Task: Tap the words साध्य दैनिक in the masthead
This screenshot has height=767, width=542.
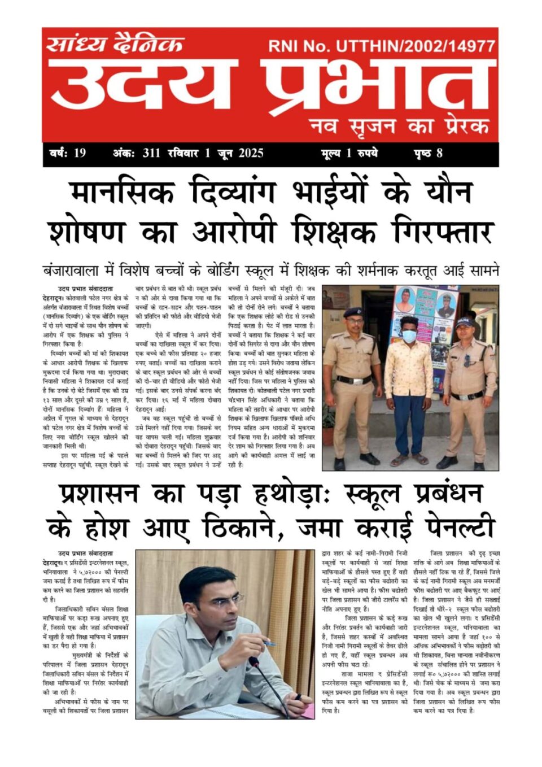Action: [x=115, y=44]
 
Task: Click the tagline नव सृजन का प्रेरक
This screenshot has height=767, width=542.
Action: [x=399, y=125]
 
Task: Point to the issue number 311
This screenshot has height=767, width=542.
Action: [x=152, y=153]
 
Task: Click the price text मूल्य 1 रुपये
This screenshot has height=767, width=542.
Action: [x=349, y=153]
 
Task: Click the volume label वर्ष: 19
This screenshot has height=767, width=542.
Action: [x=68, y=153]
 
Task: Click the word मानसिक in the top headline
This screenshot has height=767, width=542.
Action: [x=122, y=193]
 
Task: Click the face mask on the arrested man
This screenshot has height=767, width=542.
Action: [x=408, y=335]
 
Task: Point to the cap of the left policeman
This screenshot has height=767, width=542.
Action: [x=353, y=312]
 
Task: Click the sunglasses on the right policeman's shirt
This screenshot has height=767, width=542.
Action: [x=468, y=360]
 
